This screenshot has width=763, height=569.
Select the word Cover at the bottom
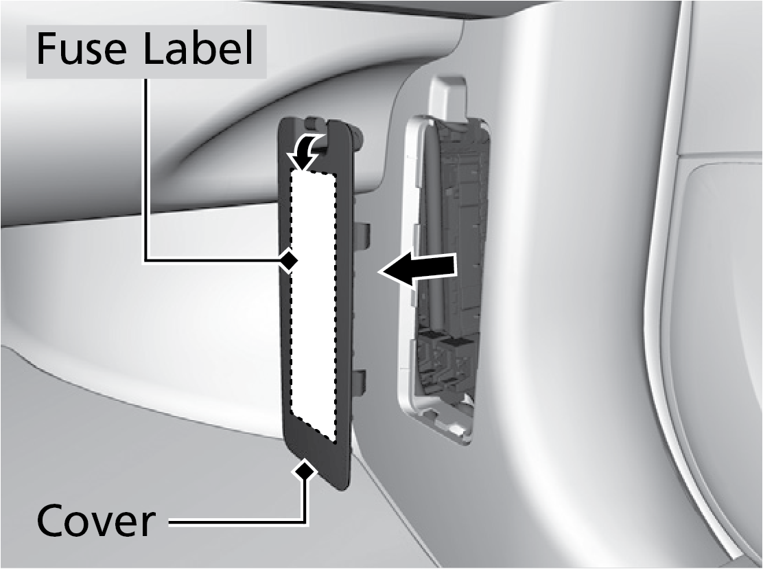point(95,520)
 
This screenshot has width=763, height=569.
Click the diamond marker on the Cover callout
point(305,469)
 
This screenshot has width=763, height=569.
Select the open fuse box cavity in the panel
point(447,272)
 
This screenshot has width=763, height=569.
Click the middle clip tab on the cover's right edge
point(364,233)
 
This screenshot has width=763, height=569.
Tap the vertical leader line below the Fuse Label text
point(145,170)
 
